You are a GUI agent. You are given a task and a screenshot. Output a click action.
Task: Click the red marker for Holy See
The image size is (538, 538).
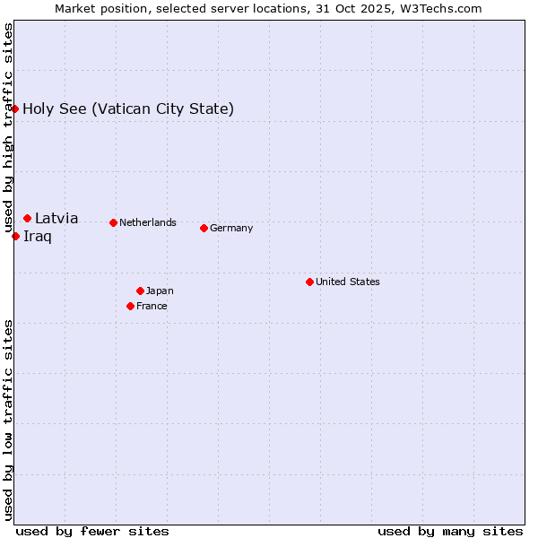[x=15, y=108]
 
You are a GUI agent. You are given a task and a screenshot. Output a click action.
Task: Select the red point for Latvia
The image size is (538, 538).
[x=28, y=218]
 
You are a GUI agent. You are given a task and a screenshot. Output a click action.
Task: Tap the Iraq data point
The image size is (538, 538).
[x=16, y=236]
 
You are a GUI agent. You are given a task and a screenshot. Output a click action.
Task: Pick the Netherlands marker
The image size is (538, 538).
[x=113, y=222]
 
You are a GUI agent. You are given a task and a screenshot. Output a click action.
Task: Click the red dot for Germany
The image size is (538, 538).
[x=204, y=228]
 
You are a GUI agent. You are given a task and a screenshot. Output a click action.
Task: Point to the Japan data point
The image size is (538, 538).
[x=140, y=291]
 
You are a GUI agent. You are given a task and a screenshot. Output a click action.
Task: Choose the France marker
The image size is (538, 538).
[x=130, y=306]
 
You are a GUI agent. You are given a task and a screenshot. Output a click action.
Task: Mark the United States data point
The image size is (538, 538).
[x=309, y=282]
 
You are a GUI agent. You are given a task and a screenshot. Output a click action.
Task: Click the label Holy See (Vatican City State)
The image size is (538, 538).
[x=128, y=109]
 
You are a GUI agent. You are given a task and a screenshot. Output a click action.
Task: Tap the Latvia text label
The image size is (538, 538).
[x=56, y=218]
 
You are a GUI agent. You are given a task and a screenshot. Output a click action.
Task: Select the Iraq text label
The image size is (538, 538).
[x=38, y=237]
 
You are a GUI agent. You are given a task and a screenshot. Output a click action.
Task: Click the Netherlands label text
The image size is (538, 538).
[x=148, y=222]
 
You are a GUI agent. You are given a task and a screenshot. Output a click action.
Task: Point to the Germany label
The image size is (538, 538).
[x=231, y=228]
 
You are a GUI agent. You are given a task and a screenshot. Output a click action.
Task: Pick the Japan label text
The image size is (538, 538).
[x=160, y=291]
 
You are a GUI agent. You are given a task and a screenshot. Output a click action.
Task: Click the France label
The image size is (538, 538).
[x=152, y=306]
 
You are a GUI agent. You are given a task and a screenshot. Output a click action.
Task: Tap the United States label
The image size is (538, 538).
[x=348, y=282]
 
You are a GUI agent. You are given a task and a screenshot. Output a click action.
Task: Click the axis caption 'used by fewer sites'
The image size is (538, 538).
[x=92, y=531]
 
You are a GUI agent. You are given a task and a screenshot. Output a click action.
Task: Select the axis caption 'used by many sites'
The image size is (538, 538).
[x=450, y=531]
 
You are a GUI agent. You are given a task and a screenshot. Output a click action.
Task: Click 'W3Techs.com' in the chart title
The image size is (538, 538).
[x=442, y=8]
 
